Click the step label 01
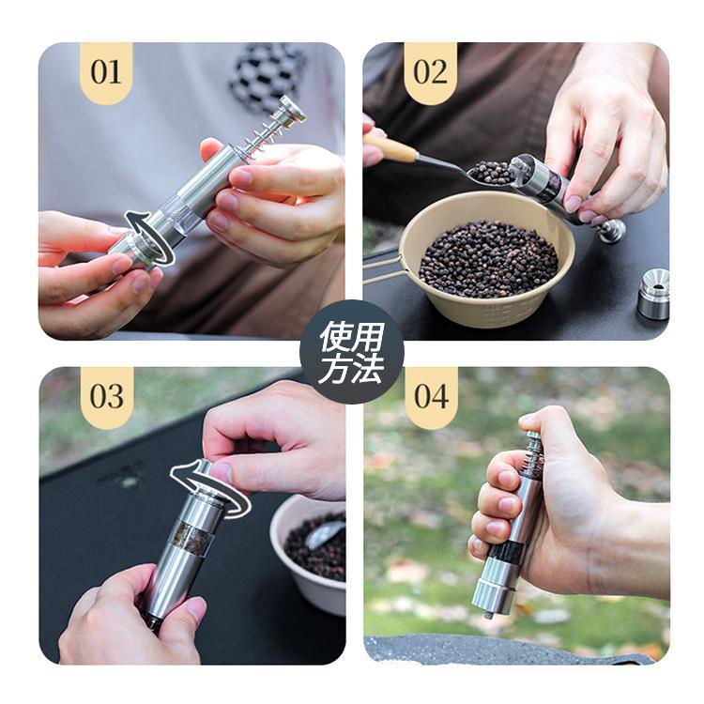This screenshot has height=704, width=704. (x=106, y=72)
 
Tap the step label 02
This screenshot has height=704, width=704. (x=430, y=72)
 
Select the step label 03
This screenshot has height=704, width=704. (x=106, y=396)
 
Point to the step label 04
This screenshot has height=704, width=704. (x=431, y=396)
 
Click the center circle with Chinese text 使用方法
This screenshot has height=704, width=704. (x=352, y=352)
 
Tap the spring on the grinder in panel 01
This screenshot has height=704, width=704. (x=259, y=135)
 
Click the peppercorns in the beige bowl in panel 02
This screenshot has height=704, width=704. (x=488, y=259)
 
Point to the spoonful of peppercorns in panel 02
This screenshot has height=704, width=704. (x=493, y=173)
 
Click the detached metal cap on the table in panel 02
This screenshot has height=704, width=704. (x=653, y=294)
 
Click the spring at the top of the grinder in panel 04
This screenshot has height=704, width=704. (x=532, y=458)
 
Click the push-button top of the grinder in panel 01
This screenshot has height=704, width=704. (x=293, y=108)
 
